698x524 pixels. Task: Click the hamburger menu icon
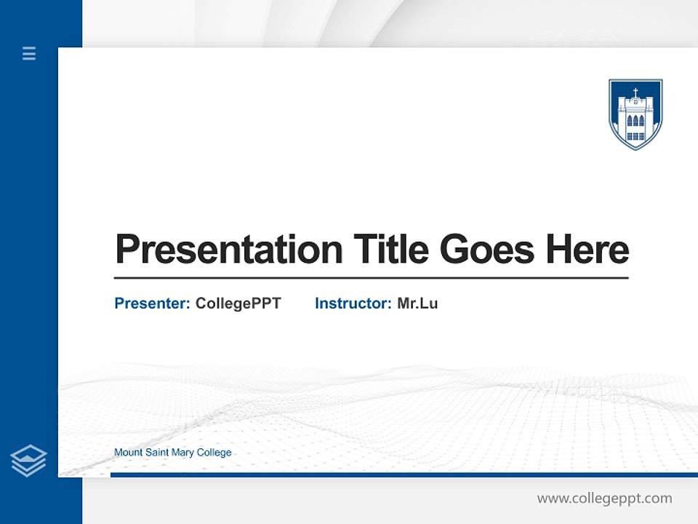pos(29,53)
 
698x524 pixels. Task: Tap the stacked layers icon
pos(28,461)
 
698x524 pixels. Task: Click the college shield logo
pos(635,114)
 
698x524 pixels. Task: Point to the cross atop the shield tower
pos(635,92)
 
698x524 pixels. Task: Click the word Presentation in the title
pos(229,250)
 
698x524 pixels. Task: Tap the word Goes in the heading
pos(487,249)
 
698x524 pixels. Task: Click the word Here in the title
pos(587,249)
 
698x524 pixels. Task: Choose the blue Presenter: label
pos(152,303)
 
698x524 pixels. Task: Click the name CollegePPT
pos(238,304)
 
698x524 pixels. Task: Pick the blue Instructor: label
pos(353,303)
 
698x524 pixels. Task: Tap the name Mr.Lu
pos(417,303)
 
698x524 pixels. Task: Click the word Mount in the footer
pos(128,452)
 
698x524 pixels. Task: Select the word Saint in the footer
pos(157,452)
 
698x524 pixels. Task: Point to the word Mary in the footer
pos(182,453)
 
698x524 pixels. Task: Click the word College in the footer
pos(214,453)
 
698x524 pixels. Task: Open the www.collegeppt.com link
pos(604,499)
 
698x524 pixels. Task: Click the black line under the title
pos(372,277)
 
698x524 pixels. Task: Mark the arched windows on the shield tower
pos(635,121)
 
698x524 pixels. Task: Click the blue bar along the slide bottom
pos(404,475)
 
